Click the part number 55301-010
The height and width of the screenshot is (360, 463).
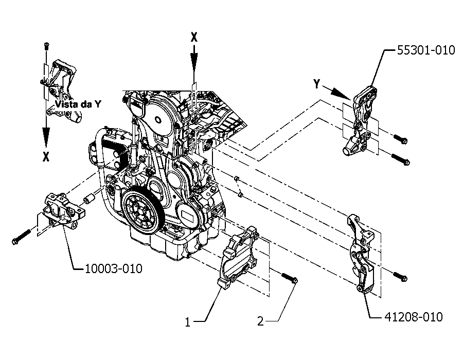[x=426, y=50]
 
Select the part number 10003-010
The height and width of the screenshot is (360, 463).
[x=114, y=268]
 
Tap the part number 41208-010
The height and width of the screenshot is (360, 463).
[x=414, y=317]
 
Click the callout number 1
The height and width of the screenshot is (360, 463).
[x=188, y=322]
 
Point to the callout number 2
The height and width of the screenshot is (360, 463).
[x=260, y=321]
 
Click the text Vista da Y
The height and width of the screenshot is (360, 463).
[x=78, y=104]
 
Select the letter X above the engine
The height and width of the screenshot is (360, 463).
[x=194, y=38]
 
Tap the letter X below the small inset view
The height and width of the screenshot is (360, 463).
[x=46, y=157]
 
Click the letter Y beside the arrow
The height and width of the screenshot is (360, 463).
[x=316, y=84]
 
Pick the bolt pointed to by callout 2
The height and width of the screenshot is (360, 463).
[x=289, y=278]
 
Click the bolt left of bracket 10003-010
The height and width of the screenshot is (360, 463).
[x=21, y=237]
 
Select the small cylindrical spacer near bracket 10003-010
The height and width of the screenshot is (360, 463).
[x=88, y=199]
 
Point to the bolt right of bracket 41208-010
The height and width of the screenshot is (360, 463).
[x=400, y=277]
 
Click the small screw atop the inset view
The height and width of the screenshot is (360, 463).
[x=46, y=45]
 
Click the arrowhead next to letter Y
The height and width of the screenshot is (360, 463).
[x=341, y=94]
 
